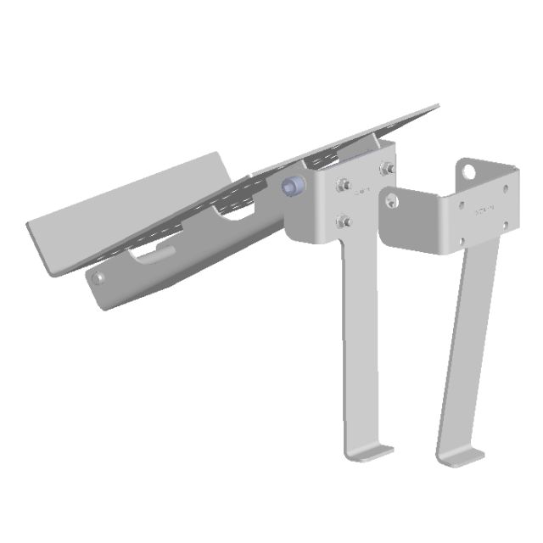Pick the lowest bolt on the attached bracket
(343, 221)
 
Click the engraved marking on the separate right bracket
(484, 208)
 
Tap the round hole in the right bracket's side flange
(391, 202)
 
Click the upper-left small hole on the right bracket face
(461, 204)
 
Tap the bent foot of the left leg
(371, 452)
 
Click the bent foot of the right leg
(461, 458)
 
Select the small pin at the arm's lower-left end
(99, 277)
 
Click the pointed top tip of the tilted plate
(437, 106)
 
